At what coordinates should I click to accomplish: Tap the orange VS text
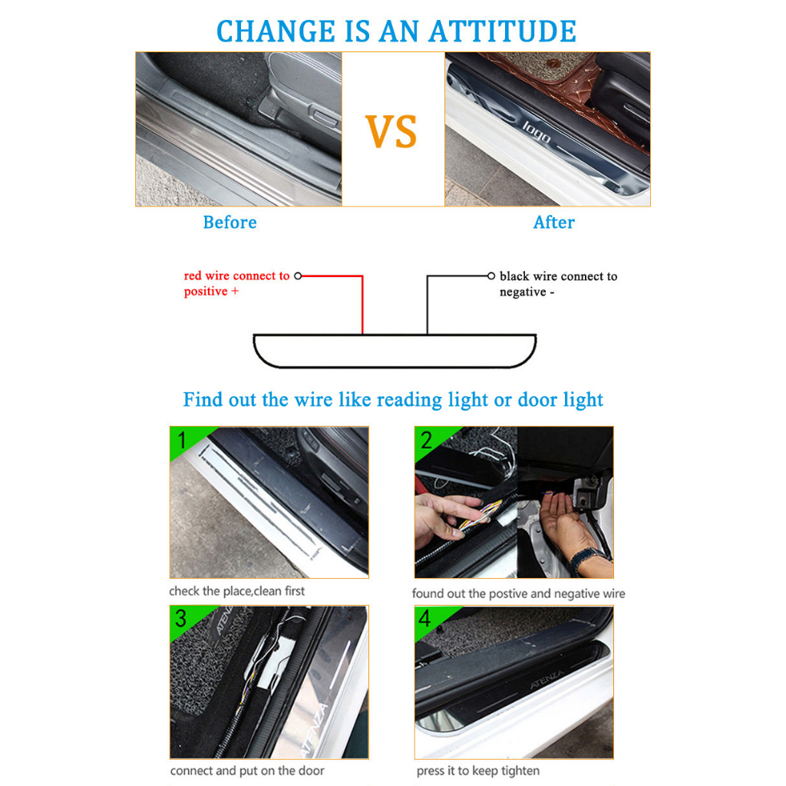tap(391, 131)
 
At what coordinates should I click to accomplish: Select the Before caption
tap(230, 222)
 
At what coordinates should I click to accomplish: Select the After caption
tap(554, 222)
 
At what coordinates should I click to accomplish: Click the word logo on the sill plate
tap(537, 133)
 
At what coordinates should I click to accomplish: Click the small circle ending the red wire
tap(298, 276)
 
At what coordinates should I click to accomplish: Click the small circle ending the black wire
tap(491, 276)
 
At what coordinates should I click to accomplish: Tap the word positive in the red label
tap(206, 292)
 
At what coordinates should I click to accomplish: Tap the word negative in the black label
tap(523, 292)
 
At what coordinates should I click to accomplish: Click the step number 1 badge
tap(182, 440)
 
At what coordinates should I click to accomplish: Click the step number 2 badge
tap(426, 440)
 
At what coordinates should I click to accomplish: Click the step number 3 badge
tap(181, 619)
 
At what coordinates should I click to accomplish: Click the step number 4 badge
tap(424, 619)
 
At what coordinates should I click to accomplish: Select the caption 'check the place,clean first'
tap(236, 591)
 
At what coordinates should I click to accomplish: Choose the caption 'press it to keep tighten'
tap(477, 771)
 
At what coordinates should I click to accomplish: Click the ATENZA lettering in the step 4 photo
tap(547, 680)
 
